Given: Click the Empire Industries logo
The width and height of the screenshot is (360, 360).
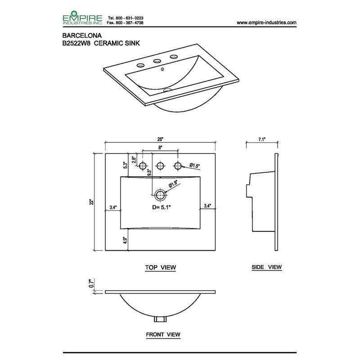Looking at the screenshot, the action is pos(82,18).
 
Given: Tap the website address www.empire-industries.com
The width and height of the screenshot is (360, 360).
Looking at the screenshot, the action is pos(266,22).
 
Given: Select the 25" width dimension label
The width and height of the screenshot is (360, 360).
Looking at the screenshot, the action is pos(160,139).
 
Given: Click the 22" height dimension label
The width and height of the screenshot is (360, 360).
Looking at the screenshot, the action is pos(92,202).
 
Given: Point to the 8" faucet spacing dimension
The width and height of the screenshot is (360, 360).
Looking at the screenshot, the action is pos(160,148).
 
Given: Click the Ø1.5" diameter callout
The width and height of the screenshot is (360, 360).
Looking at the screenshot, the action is pos(195,165).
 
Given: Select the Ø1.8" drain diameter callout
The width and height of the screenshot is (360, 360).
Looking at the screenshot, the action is pos(173,184).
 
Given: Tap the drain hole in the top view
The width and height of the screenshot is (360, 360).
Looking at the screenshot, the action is pos(160,195).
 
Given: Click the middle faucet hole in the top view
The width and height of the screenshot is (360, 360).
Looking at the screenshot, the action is pos(160,166).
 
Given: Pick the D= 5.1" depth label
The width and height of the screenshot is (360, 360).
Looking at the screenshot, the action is pos(162,207).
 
